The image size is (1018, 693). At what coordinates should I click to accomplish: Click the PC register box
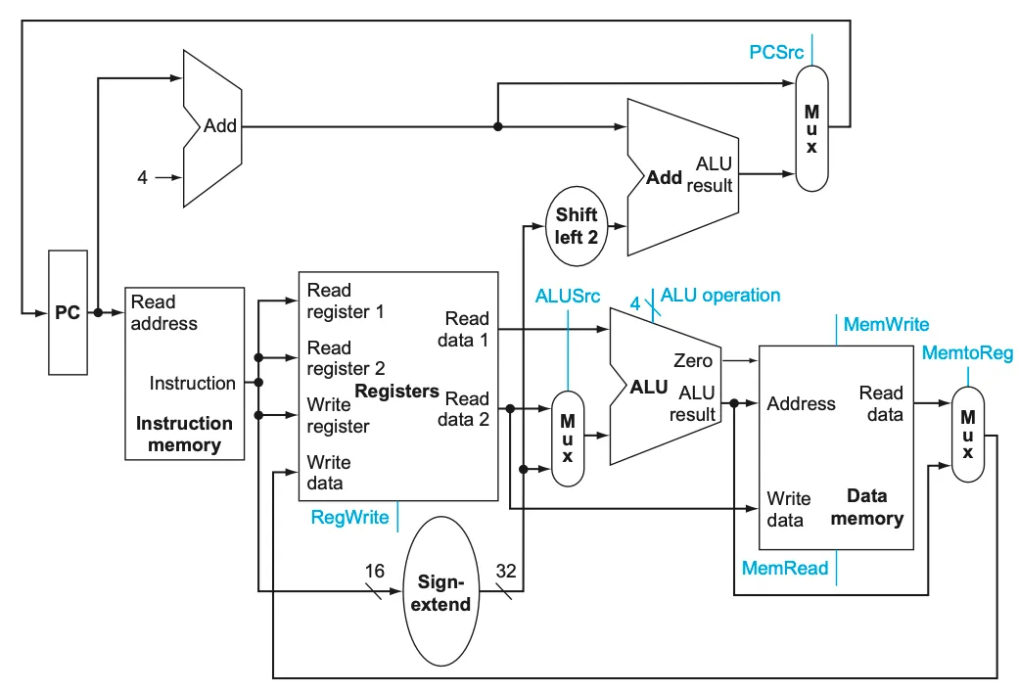68,312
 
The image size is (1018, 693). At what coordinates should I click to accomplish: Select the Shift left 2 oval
577,226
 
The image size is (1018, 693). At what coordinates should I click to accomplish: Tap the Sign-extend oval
440,591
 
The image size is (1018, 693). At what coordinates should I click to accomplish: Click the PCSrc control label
776,52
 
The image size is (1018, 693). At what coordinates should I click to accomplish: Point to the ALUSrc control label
568,297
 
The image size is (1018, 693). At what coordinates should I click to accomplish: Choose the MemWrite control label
886,324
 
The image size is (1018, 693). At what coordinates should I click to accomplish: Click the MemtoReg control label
967,352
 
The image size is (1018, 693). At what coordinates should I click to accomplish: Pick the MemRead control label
785,569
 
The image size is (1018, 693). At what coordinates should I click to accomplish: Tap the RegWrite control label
349,517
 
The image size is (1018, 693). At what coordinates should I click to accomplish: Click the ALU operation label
720,296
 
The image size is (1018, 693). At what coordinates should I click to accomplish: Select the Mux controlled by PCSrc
811,128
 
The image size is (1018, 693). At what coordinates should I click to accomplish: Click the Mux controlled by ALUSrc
568,439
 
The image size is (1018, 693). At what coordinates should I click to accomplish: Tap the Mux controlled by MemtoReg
968,434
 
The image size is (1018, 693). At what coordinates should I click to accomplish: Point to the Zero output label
693,360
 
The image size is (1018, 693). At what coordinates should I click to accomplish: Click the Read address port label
163,312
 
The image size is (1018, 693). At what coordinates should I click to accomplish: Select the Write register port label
338,415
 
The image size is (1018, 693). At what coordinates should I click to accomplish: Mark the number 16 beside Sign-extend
375,571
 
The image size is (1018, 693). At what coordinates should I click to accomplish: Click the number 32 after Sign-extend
506,571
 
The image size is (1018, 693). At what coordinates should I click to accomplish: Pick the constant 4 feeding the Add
142,177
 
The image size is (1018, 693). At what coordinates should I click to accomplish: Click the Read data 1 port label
463,329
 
